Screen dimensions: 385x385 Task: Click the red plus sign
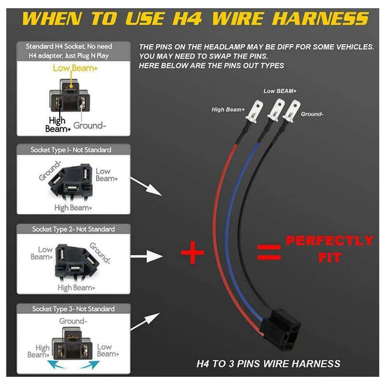click(x=193, y=252)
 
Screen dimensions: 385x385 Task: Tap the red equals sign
click(x=269, y=252)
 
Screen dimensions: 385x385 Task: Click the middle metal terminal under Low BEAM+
click(x=276, y=110)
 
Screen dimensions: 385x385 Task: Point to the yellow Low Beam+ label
click(x=75, y=68)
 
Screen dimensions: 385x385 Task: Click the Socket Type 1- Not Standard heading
click(x=71, y=150)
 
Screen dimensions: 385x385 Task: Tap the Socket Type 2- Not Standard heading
click(x=74, y=229)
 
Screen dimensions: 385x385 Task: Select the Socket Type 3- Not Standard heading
click(x=74, y=308)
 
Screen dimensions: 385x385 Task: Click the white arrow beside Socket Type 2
click(x=147, y=257)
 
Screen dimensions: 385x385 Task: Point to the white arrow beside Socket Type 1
click(x=146, y=187)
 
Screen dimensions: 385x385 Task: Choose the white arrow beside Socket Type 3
click(x=145, y=321)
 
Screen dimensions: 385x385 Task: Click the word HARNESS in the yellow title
click(x=321, y=19)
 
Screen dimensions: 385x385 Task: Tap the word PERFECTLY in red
click(x=330, y=241)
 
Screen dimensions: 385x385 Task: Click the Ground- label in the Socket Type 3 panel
click(x=73, y=321)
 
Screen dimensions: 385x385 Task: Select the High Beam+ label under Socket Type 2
click(x=77, y=287)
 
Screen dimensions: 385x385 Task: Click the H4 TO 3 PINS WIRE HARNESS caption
click(x=269, y=364)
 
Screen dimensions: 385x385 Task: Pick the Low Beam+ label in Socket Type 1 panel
click(x=106, y=175)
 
